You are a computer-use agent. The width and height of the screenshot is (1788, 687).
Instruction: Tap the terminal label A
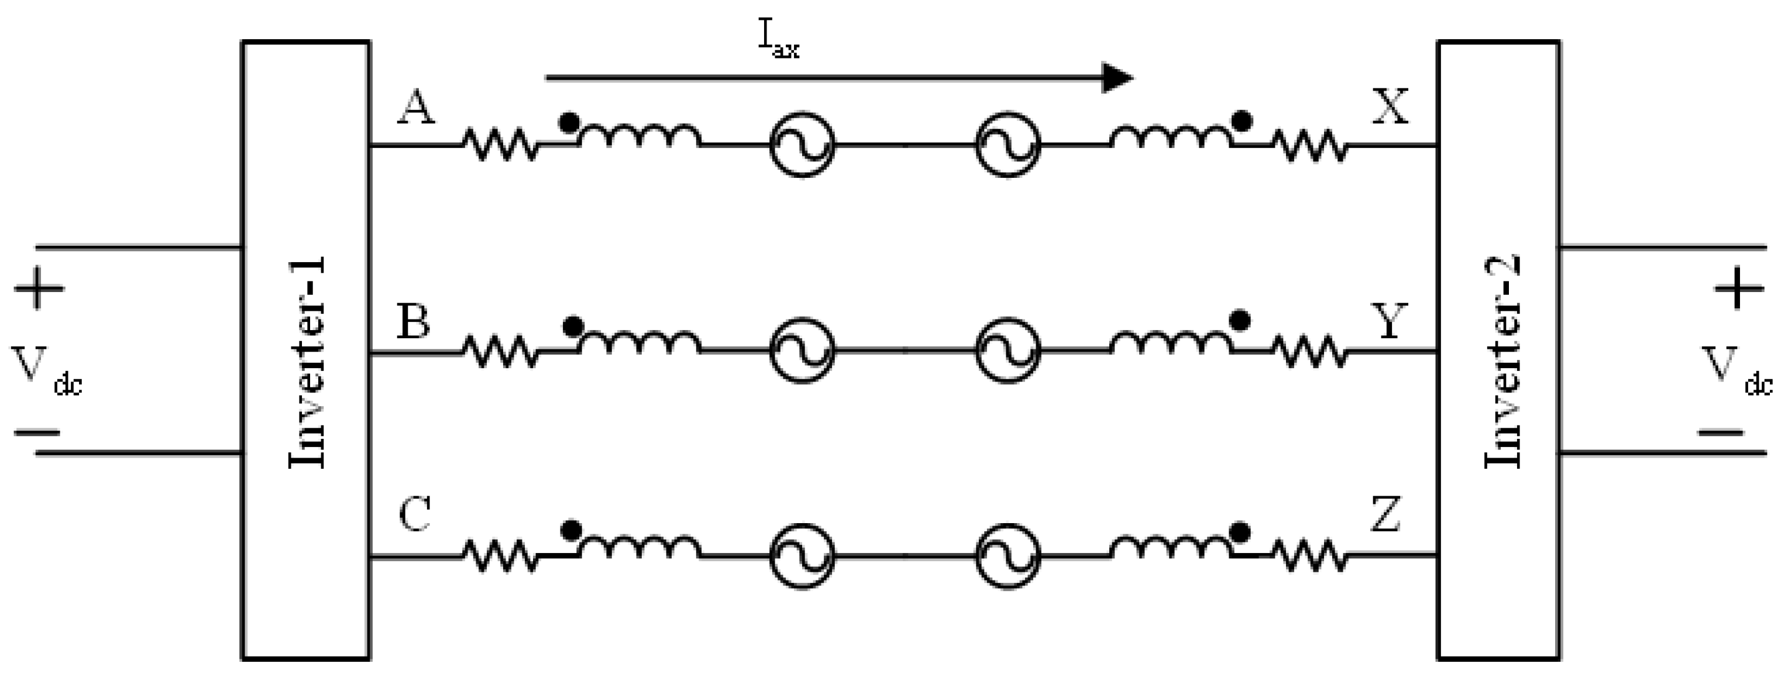(416, 109)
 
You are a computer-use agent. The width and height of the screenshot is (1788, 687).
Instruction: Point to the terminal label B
(414, 321)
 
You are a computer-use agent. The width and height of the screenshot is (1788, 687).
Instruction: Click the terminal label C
(415, 515)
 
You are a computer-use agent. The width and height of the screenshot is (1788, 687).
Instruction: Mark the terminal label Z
(1385, 515)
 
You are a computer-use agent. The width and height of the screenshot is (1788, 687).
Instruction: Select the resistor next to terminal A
(500, 145)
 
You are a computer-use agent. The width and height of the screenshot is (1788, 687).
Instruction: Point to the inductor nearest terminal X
(1170, 138)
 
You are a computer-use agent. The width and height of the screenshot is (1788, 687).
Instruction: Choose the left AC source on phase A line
(802, 145)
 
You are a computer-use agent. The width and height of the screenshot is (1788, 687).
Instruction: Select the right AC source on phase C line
(1008, 556)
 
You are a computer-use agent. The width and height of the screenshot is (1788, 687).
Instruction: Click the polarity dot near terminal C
(570, 531)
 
